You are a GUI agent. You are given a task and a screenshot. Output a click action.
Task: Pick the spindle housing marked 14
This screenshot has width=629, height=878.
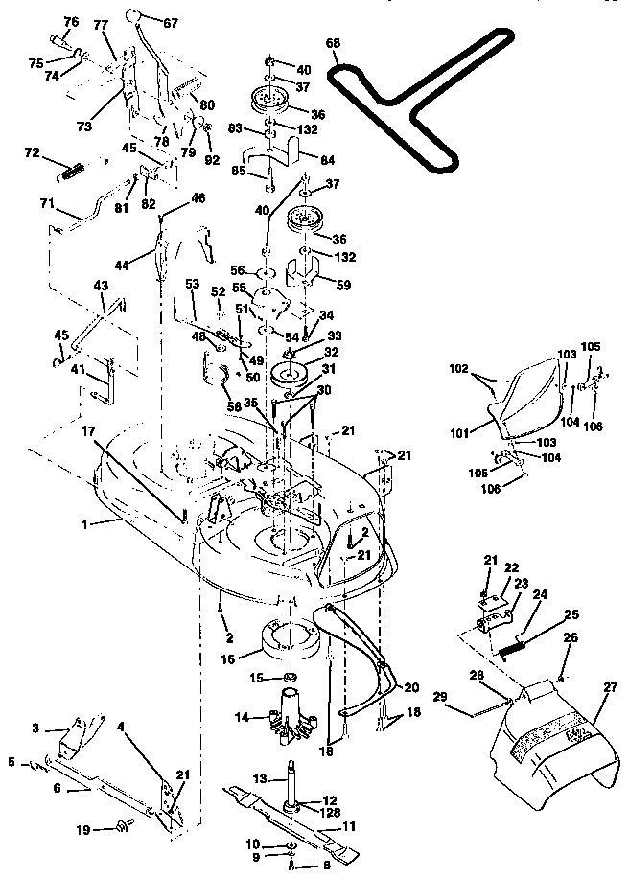click(291, 717)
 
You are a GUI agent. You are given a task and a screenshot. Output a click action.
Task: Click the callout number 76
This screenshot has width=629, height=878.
click(71, 21)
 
